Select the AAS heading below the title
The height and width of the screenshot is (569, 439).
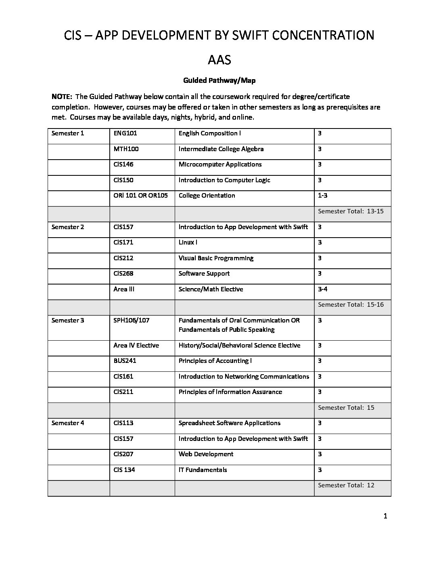click(x=219, y=60)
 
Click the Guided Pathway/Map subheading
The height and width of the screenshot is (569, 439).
click(x=219, y=80)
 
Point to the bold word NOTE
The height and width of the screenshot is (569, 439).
click(x=62, y=97)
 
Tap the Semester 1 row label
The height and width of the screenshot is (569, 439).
click(x=68, y=133)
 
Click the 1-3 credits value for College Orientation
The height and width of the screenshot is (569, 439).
click(x=323, y=196)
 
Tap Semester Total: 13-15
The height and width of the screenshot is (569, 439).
click(x=351, y=211)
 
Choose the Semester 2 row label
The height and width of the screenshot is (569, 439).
click(x=68, y=227)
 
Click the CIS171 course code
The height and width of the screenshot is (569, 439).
click(x=123, y=242)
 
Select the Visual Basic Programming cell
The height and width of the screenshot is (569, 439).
click(x=216, y=258)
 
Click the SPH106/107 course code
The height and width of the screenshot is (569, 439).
click(x=132, y=320)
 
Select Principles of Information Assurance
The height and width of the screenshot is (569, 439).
click(x=230, y=392)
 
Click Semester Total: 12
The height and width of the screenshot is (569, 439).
click(x=346, y=485)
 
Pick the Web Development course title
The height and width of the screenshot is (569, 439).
click(x=206, y=454)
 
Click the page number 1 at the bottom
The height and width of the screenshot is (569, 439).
click(x=385, y=516)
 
